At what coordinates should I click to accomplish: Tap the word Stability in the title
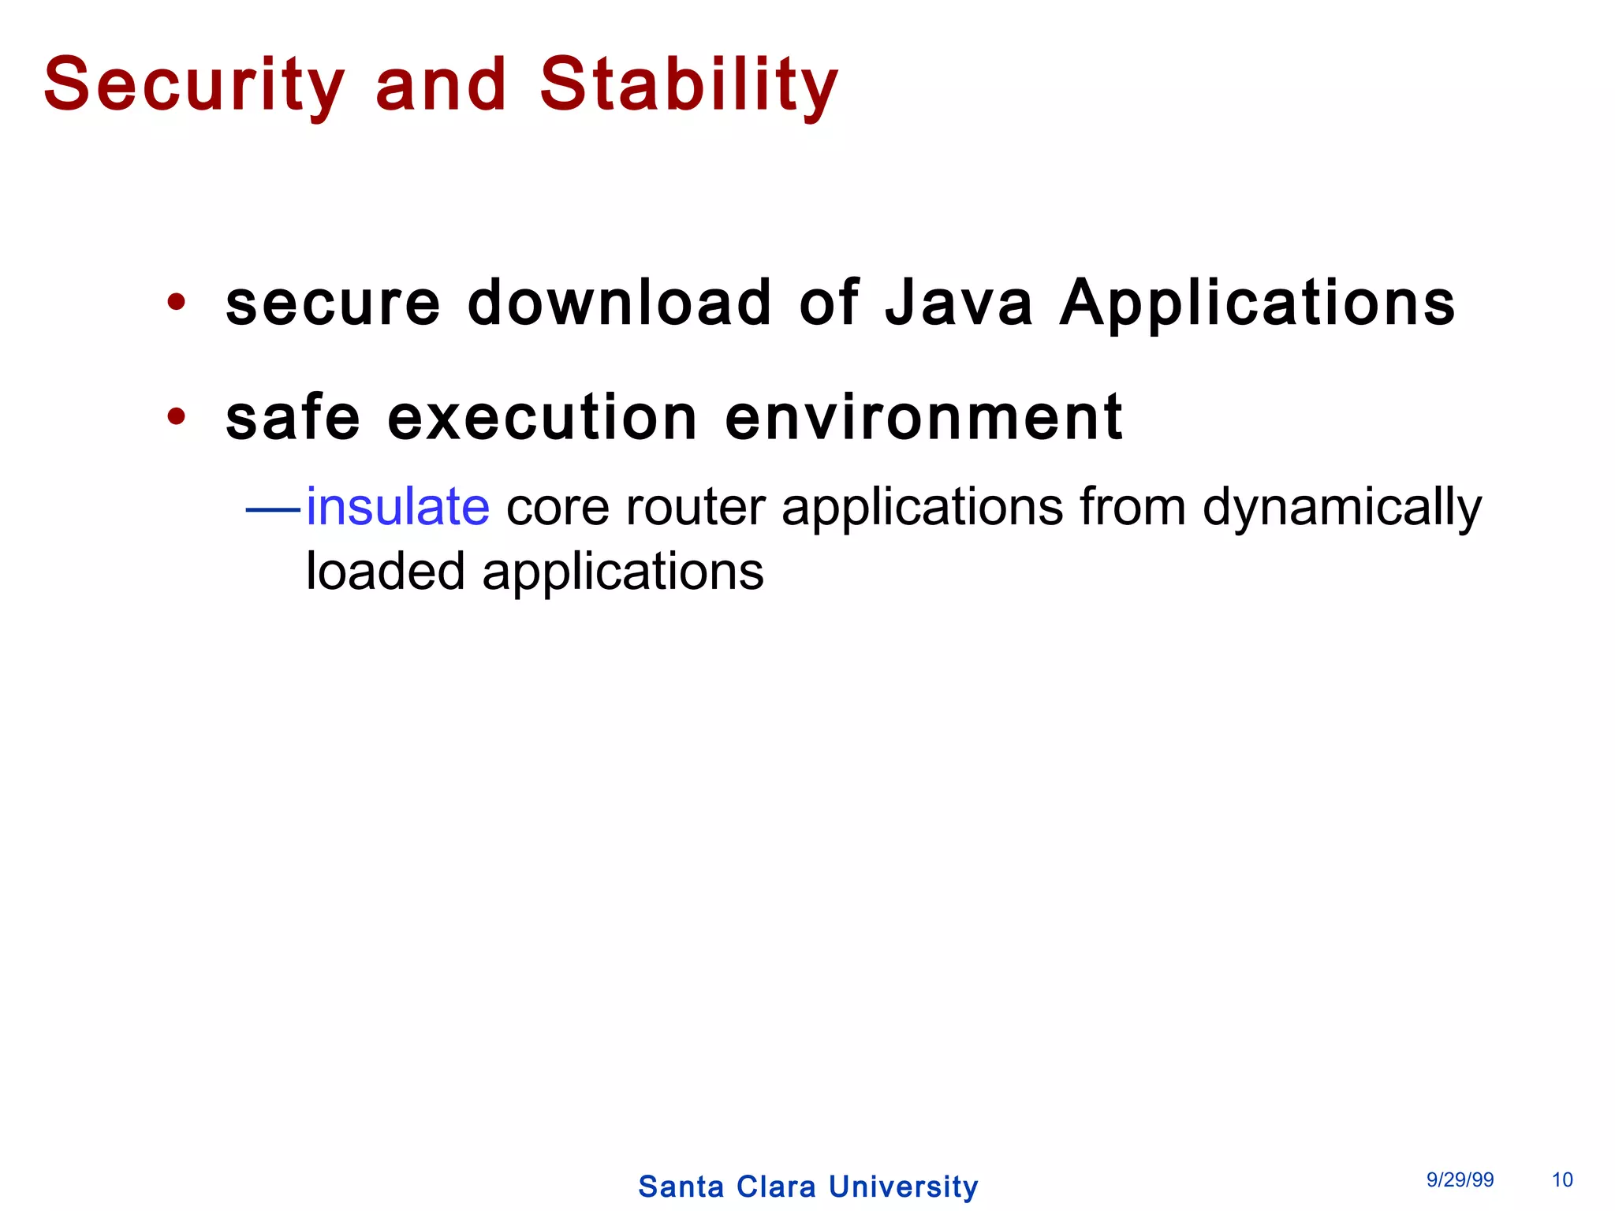(x=688, y=85)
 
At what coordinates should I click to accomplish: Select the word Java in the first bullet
(x=958, y=303)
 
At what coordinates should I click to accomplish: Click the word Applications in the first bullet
(x=1257, y=304)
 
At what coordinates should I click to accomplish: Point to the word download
(x=619, y=303)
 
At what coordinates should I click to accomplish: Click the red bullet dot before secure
(x=177, y=302)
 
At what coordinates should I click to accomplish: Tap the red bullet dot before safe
(x=177, y=416)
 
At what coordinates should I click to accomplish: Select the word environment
(x=923, y=418)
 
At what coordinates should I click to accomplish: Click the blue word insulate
(x=397, y=506)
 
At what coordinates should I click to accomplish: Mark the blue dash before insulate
(x=273, y=510)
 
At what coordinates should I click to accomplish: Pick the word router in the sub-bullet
(x=695, y=507)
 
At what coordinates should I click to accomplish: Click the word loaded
(x=385, y=572)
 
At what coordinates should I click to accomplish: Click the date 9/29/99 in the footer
(x=1460, y=1179)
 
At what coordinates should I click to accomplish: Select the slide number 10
(x=1562, y=1179)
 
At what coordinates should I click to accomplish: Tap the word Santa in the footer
(x=681, y=1187)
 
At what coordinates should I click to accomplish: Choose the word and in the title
(x=441, y=85)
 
